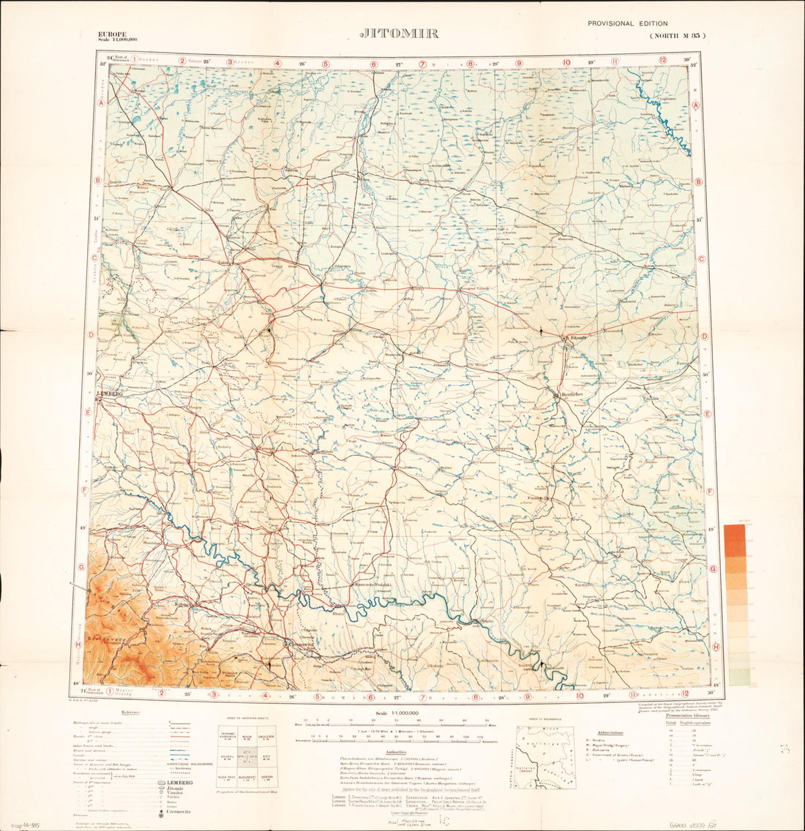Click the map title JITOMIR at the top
tap(400, 34)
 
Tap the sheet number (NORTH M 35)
tap(678, 36)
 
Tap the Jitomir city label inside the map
tap(575, 337)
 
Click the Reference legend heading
tap(131, 712)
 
